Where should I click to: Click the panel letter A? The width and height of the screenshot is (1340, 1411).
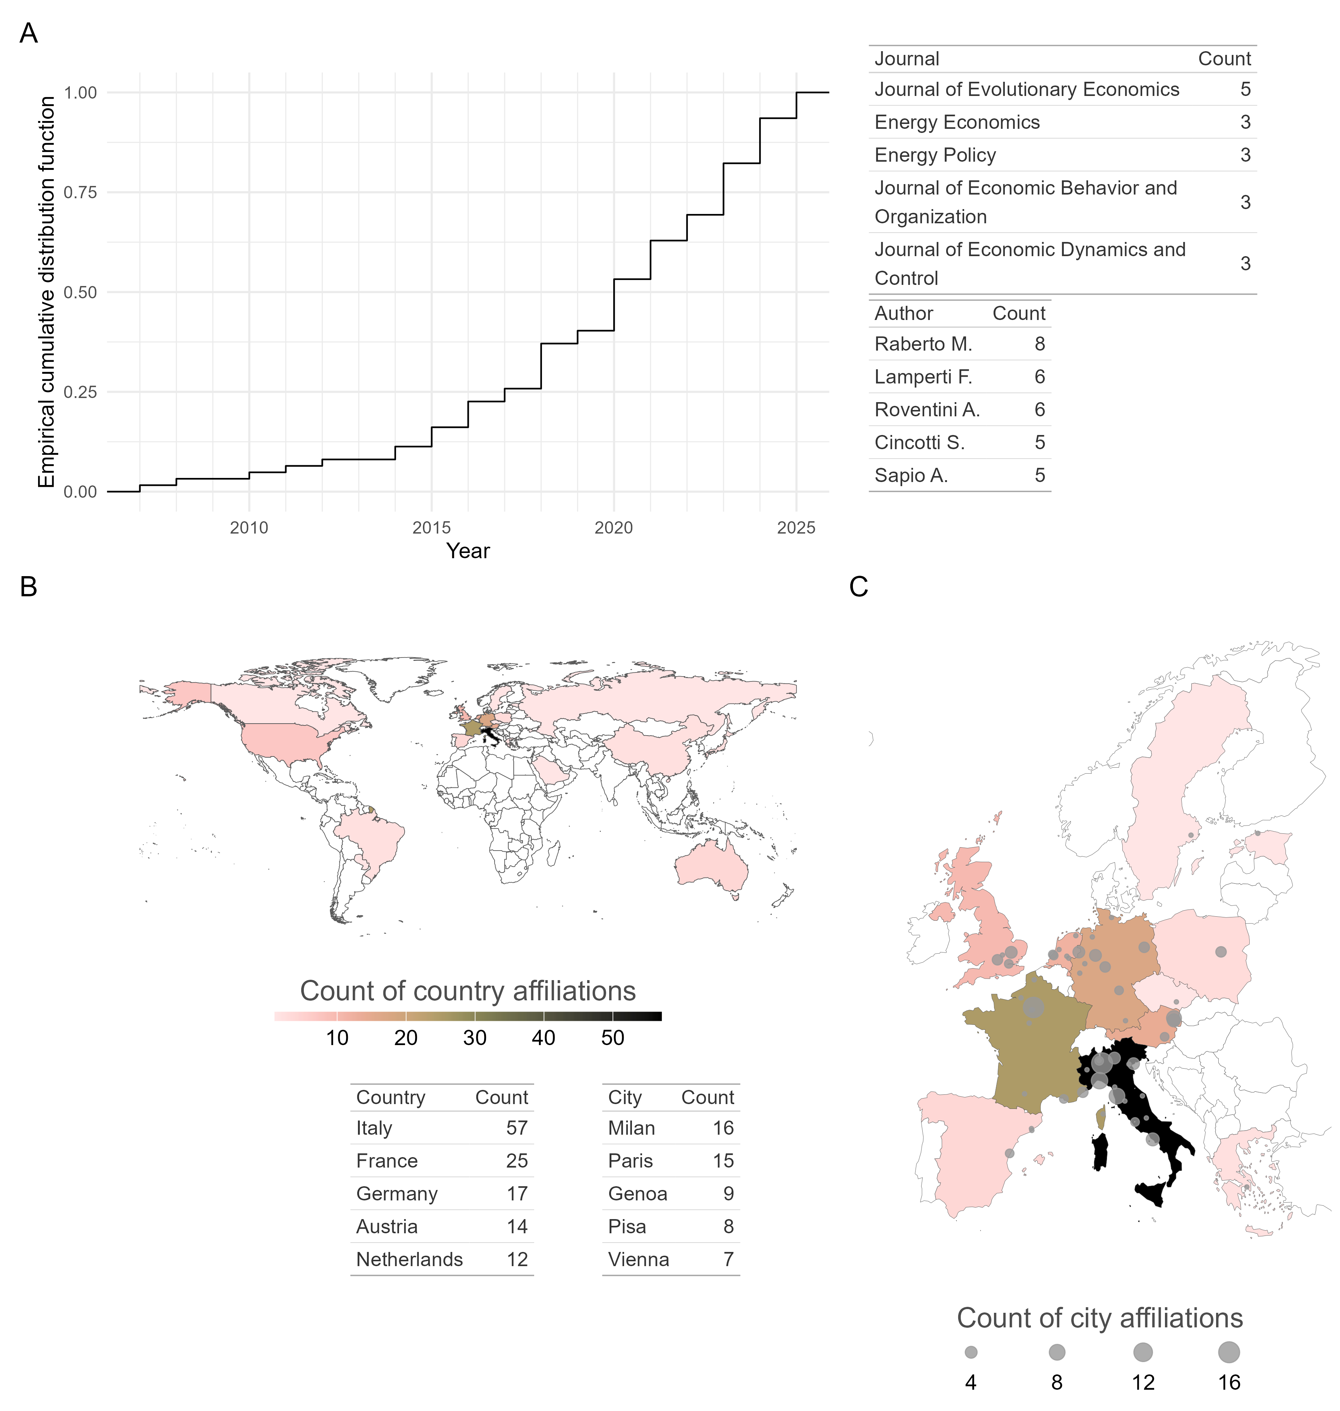pos(29,34)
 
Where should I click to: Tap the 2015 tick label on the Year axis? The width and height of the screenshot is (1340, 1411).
pos(431,528)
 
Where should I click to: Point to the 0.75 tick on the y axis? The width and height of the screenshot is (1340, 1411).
pos(80,192)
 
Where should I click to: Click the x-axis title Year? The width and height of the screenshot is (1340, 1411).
pos(468,551)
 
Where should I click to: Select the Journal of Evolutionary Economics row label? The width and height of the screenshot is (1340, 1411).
pos(1026,89)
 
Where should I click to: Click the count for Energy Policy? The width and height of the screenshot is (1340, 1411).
pos(1245,155)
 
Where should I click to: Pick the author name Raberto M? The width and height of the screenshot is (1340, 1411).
pos(923,344)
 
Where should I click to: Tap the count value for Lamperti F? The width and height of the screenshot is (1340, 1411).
pos(1039,377)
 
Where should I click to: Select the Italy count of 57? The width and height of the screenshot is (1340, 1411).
pos(517,1128)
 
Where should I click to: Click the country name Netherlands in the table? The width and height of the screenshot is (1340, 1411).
pos(409,1259)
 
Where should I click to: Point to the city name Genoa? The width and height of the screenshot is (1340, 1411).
pos(637,1194)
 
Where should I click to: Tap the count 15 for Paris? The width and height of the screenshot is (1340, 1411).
pos(723,1161)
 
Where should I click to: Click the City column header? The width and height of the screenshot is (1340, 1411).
pos(624,1097)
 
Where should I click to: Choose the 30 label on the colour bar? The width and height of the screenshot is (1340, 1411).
pos(474,1038)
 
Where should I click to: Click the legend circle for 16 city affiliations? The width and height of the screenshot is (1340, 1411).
pos(1228,1352)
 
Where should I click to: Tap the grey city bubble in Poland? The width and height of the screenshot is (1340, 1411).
pos(1221,952)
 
